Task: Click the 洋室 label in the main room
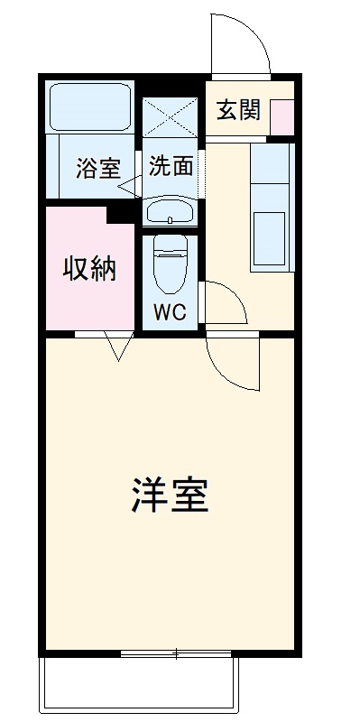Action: coord(171,495)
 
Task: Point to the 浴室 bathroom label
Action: coord(97,168)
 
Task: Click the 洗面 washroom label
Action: coord(171,166)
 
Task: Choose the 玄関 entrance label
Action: coord(239,110)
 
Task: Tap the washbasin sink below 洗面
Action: coord(170,213)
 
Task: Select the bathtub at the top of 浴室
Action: coord(89,106)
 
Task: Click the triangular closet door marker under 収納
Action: coord(118,346)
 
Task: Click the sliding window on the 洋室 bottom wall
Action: coord(178,653)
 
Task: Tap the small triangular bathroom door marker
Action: coord(128,186)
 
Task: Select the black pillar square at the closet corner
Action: coord(118,214)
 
